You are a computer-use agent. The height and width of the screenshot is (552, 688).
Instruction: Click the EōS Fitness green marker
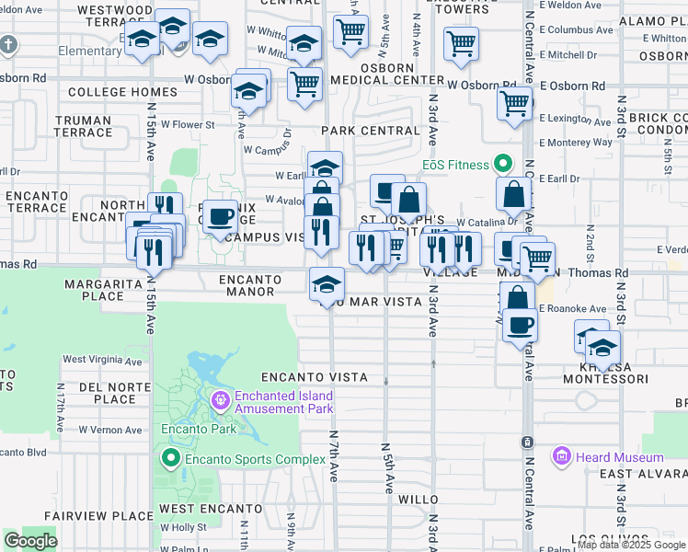point(502,164)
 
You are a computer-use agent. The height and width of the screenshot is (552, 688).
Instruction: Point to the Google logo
point(30,541)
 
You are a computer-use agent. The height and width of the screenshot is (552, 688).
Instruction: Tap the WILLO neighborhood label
point(418,499)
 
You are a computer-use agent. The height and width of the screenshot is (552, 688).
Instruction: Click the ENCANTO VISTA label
point(314,377)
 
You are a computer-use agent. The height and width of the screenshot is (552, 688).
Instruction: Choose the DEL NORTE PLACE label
point(108,393)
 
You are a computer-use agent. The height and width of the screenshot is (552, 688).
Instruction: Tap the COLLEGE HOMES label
point(97,92)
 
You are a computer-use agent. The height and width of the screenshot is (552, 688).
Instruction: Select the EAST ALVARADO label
point(643,474)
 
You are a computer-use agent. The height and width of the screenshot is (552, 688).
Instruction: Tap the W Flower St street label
point(188,124)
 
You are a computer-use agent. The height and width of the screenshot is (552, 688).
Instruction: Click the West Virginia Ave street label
point(102,360)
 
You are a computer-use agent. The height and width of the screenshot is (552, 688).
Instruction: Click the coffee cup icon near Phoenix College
point(220,217)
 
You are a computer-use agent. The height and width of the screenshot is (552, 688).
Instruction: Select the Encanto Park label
point(199,429)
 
